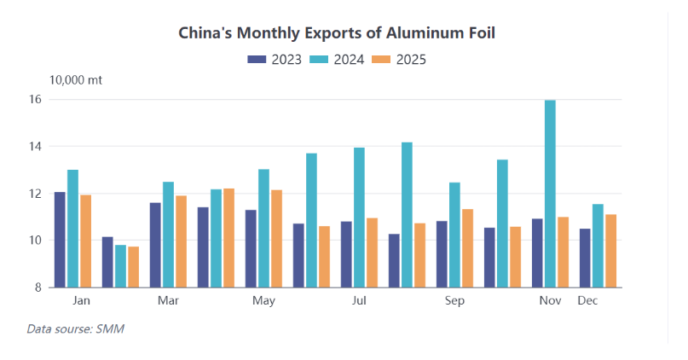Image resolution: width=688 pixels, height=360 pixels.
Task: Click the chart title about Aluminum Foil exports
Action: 336,33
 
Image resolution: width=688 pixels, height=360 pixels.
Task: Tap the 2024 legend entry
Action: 338,60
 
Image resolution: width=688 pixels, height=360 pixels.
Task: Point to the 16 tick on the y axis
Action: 36,100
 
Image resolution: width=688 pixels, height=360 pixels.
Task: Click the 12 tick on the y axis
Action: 36,194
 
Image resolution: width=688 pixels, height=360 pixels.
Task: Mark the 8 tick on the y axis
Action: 38,287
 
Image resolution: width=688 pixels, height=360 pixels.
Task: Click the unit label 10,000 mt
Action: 76,80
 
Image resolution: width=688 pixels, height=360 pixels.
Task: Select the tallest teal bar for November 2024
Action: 550,194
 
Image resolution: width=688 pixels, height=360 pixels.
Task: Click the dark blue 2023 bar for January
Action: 60,240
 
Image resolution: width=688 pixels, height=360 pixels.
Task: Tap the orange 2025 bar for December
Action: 610,251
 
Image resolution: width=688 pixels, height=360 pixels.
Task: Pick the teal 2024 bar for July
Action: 359,218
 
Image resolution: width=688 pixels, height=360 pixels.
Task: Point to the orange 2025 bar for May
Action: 276,238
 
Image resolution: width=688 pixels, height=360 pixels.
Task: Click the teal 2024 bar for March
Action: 168,235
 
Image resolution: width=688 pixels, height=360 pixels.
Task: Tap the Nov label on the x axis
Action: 550,301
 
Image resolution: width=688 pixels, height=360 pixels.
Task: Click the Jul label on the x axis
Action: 359,301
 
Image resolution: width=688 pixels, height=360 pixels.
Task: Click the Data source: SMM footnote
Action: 76,328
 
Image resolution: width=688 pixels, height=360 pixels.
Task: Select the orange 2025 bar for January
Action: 85,241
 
